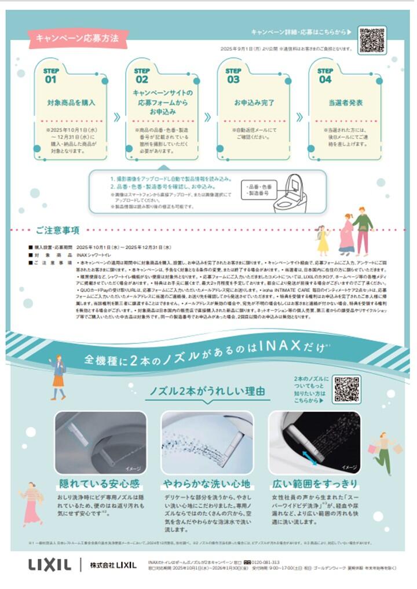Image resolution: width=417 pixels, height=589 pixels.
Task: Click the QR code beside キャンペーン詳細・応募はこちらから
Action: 372,39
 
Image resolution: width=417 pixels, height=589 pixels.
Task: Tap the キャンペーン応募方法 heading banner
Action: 77,38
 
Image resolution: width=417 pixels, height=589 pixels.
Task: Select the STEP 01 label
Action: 51,75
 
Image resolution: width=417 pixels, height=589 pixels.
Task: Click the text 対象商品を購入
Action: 71,103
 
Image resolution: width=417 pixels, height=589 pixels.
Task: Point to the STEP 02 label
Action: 142,75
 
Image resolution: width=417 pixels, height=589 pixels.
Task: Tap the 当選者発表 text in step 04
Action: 345,103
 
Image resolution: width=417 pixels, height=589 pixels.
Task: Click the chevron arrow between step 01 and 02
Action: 116,117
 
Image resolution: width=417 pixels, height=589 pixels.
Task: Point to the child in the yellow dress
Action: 323,240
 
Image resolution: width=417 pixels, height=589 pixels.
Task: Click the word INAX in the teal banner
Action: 280,347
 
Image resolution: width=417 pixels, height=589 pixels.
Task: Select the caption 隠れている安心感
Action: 101,484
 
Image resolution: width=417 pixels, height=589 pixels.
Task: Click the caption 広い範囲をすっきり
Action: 314,484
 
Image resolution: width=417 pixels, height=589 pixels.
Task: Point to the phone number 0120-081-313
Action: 266,562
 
